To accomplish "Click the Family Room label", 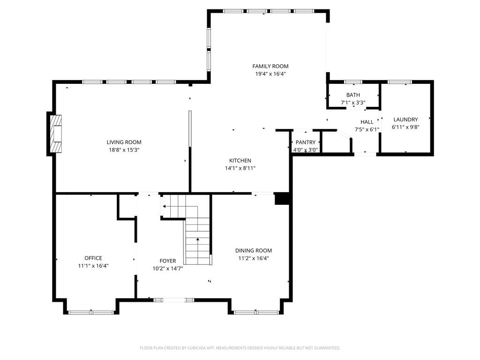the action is point(270,66).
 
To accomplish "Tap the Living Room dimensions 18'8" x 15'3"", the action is point(124,150).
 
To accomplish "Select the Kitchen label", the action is point(240,160).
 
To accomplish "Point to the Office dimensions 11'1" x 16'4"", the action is point(93,266).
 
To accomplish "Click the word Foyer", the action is point(168,261).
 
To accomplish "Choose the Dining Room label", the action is point(254,250).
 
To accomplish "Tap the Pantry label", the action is point(306,142).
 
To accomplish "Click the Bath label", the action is point(353,95).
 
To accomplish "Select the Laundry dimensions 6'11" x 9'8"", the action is point(405,127).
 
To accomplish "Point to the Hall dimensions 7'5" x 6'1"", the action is point(367,129).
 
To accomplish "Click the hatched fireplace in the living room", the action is point(56,134).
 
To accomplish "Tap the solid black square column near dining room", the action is point(282,199).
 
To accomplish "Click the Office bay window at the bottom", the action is point(91,313).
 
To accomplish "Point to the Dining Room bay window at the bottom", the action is point(256,313).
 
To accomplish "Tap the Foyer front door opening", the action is point(173,300).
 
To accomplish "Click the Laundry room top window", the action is point(399,82).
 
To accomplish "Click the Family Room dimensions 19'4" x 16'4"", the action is point(270,74).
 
